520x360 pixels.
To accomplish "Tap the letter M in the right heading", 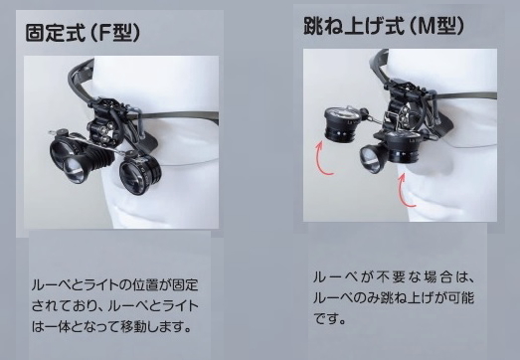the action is click(x=426, y=26).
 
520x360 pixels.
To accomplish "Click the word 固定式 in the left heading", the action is click(x=55, y=32).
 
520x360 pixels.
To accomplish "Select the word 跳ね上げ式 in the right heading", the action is click(x=354, y=25).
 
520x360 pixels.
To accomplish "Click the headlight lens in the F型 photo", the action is click(x=76, y=169).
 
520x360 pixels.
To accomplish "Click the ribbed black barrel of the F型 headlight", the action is click(x=97, y=160).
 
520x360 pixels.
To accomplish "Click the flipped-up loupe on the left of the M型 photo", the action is click(x=342, y=122).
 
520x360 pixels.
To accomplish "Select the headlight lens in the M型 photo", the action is click(x=370, y=155).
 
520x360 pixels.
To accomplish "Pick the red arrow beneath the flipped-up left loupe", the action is click(x=322, y=160).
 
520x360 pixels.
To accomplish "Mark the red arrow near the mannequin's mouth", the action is click(x=405, y=192).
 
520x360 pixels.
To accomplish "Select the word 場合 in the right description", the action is click(x=437, y=277).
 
